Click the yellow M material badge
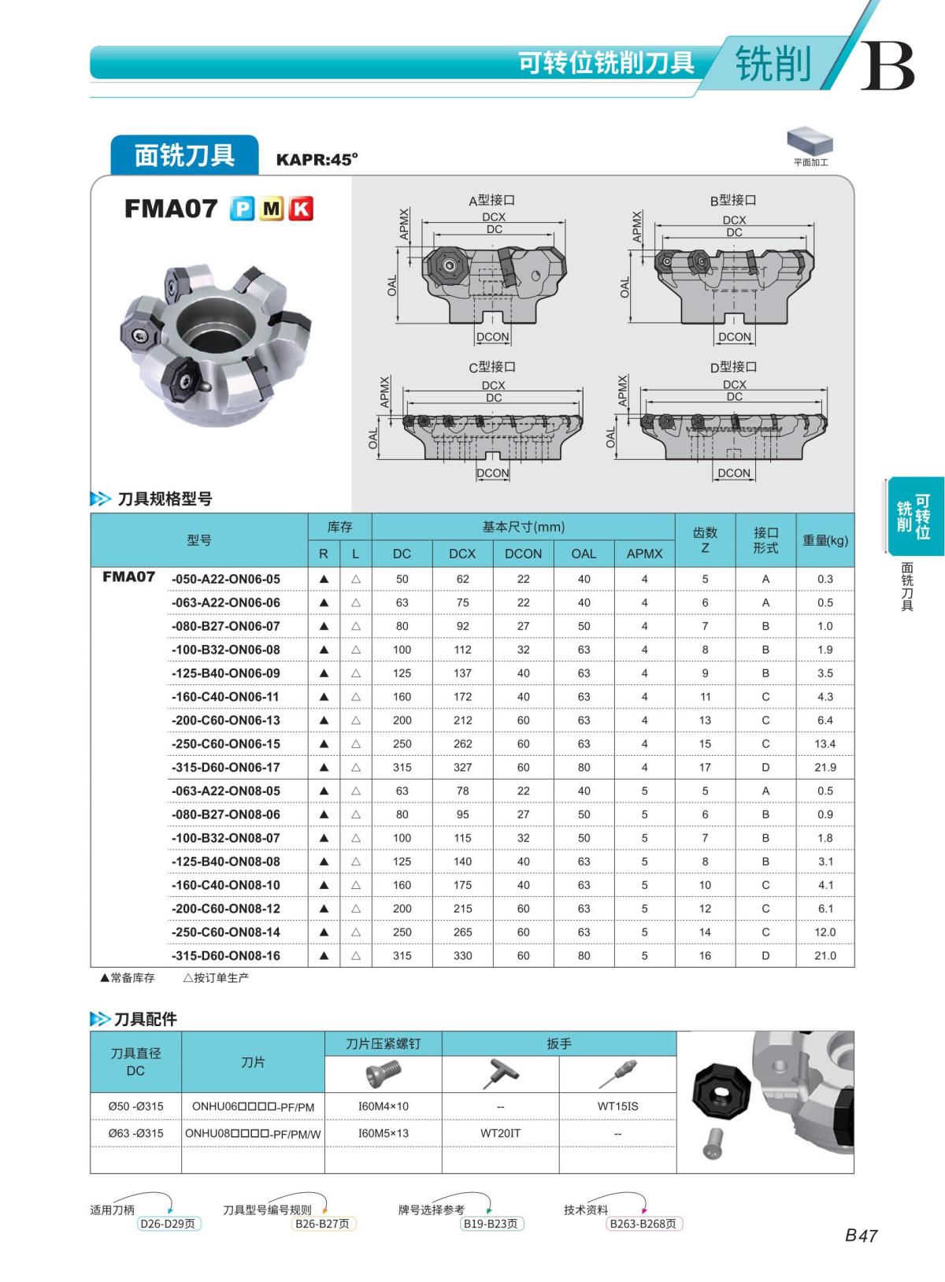[272, 209]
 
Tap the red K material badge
[301, 209]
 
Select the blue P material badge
[242, 209]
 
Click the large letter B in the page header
[887, 66]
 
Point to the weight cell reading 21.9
[825, 767]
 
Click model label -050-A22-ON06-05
[226, 579]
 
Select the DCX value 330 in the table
[462, 955]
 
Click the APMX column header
[644, 554]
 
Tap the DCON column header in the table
[523, 554]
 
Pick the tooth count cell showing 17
[705, 767]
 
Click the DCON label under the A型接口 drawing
[493, 337]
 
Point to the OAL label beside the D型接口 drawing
[611, 438]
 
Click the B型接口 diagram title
[733, 200]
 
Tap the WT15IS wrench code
[617, 1106]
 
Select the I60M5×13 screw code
[383, 1133]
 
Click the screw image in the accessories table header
[384, 1074]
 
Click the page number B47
[860, 1236]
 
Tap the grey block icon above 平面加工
[810, 142]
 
